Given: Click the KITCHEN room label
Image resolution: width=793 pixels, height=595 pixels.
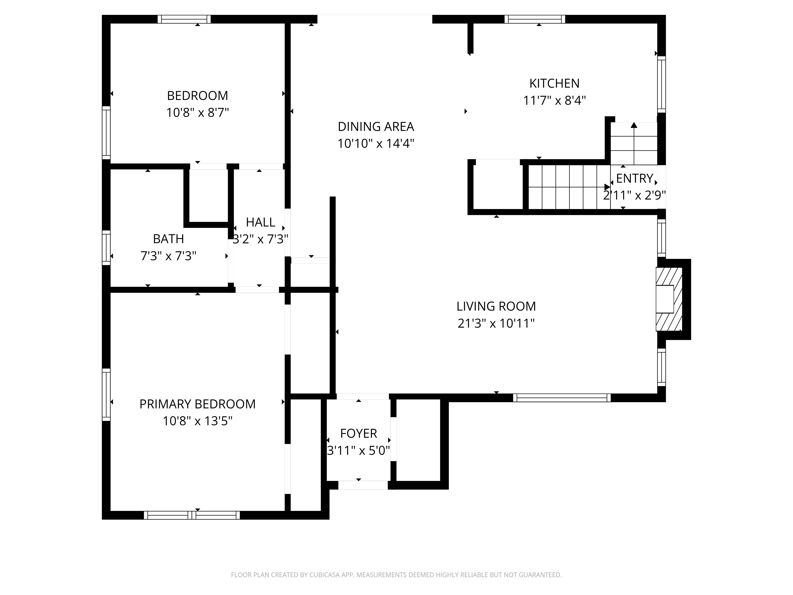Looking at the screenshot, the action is [x=554, y=83].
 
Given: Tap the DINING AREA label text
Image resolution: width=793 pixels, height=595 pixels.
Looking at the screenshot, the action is [x=376, y=127].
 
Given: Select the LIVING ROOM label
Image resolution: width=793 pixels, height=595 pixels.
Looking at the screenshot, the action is [x=496, y=306].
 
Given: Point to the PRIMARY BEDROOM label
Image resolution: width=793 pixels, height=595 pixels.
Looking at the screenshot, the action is [x=197, y=404].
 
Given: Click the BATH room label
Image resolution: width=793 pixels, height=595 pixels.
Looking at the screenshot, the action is [x=169, y=239].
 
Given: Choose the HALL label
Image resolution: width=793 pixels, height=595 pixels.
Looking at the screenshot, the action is [x=261, y=222].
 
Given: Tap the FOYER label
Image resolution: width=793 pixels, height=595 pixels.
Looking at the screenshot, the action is [x=358, y=434].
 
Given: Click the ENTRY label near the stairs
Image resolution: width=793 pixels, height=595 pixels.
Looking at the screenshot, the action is [x=635, y=178].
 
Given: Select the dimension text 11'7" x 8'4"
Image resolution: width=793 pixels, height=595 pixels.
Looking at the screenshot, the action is [x=554, y=100].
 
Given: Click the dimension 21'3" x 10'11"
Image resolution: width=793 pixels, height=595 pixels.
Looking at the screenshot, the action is [x=496, y=323].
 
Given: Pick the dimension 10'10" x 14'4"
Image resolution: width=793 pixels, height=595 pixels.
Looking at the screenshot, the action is [x=376, y=143].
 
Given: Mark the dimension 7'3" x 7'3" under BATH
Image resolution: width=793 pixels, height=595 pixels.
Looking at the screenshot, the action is [x=169, y=256].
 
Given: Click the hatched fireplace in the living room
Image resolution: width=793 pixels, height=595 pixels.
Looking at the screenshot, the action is [x=669, y=299].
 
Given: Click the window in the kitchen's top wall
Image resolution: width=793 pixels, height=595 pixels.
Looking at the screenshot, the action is [x=535, y=19].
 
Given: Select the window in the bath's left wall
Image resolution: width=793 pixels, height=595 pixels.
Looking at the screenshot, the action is [x=106, y=248].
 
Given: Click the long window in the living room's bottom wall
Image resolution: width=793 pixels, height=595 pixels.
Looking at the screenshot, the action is [x=562, y=398].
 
